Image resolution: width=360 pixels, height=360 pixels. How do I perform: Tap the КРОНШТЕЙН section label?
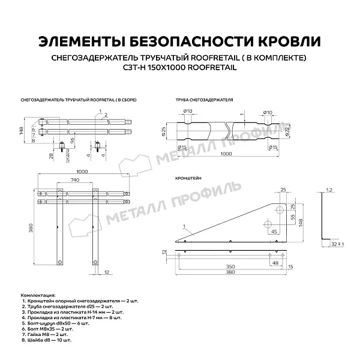tap(188, 178)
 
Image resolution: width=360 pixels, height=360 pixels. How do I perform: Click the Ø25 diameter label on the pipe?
tap(163, 131)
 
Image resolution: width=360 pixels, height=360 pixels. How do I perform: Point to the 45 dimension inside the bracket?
tap(274, 232)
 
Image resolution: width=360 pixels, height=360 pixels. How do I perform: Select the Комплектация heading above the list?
tap(37, 296)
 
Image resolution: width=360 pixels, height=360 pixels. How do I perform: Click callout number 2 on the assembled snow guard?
tap(105, 113)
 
